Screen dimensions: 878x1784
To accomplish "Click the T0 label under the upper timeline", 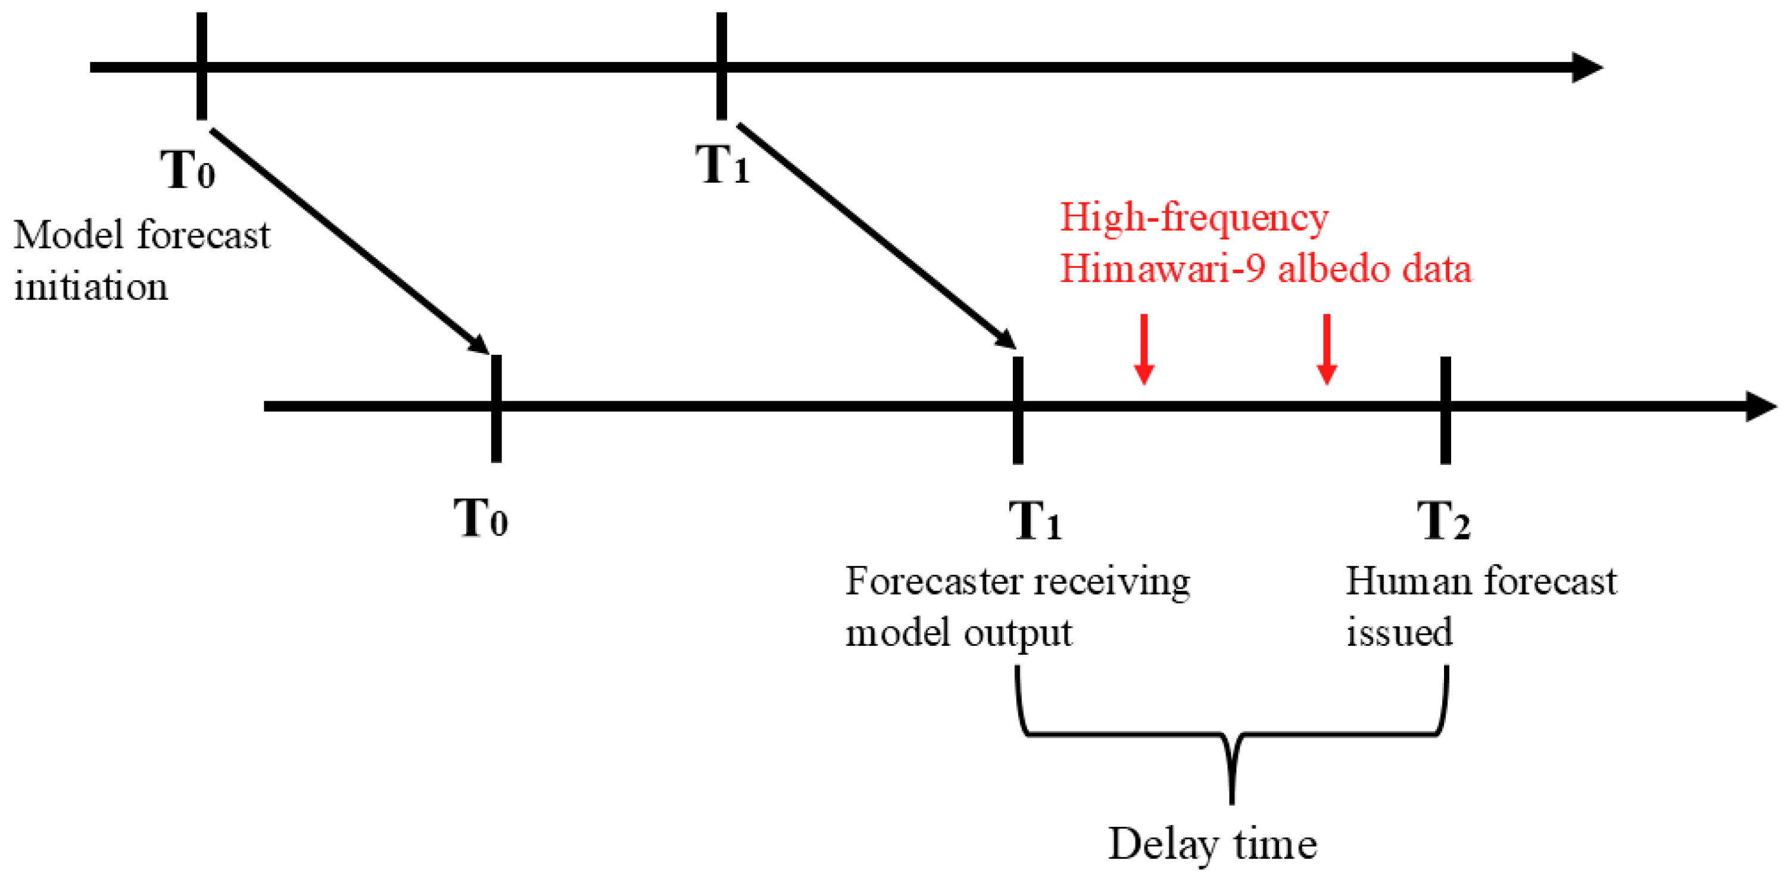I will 188,170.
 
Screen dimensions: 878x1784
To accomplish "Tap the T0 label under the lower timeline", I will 481,518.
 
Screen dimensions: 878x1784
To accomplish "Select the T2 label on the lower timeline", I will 1443,521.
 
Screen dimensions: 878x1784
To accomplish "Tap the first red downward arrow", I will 1144,349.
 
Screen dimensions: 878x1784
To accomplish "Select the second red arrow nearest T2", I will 1326,349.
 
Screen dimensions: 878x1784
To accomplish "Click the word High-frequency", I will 1194,217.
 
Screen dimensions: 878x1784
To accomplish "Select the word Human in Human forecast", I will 1406,581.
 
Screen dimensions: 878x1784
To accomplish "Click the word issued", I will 1399,632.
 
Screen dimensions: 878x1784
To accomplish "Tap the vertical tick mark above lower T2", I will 1445,410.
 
